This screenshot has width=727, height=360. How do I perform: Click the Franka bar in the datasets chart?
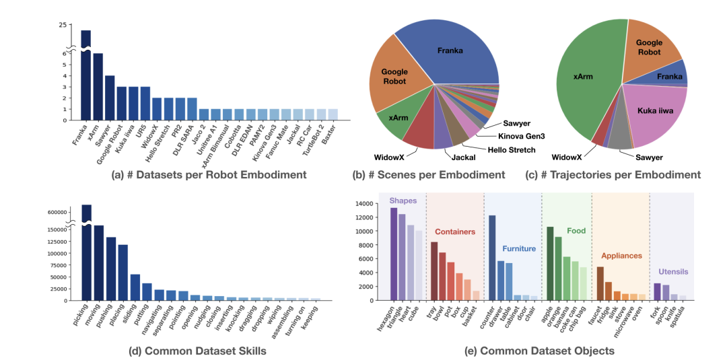pyautogui.click(x=86, y=75)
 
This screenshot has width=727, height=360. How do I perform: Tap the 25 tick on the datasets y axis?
pyautogui.click(x=63, y=25)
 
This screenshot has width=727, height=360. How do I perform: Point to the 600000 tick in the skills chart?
pyautogui.click(x=60, y=212)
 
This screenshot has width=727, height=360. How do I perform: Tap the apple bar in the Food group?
pyautogui.click(x=550, y=263)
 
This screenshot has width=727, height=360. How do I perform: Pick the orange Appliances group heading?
pyautogui.click(x=622, y=256)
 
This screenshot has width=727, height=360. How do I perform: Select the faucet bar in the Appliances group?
pyautogui.click(x=600, y=283)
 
